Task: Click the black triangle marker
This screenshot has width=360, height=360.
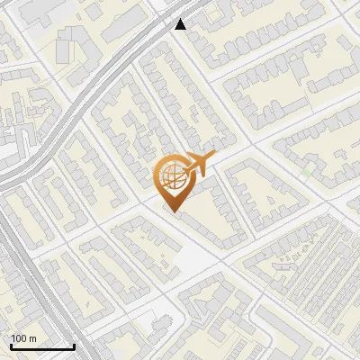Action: pos(181,24)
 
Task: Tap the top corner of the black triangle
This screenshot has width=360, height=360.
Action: pos(181,19)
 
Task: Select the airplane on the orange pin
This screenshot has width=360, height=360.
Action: pos(197,166)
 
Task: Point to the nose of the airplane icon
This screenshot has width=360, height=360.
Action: pos(213,159)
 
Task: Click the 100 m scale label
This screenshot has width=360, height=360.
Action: pos(23,338)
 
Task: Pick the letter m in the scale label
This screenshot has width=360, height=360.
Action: pos(32,338)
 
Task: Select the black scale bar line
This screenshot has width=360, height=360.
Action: pos(42,347)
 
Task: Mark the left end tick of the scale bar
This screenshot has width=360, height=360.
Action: pos(11,346)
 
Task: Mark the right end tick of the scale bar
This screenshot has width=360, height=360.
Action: pos(74,346)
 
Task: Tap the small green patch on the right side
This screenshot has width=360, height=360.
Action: pos(309,170)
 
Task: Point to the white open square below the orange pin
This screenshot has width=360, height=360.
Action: pos(193,261)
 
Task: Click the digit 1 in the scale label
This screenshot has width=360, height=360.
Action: pos(13,338)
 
